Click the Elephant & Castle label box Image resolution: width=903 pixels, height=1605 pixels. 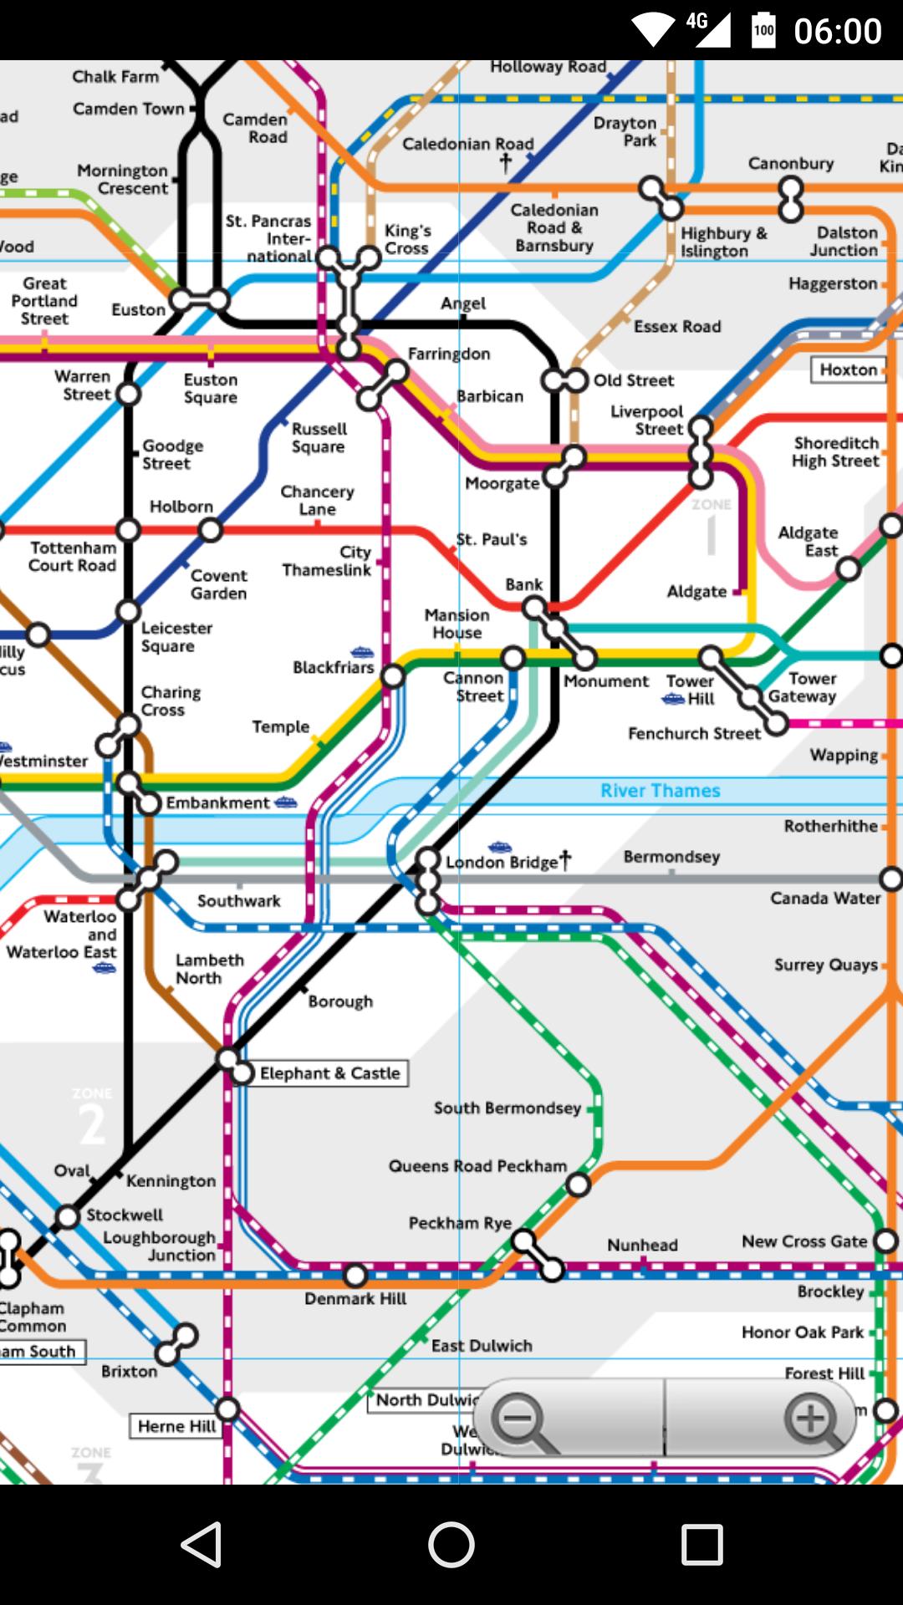[x=330, y=1073]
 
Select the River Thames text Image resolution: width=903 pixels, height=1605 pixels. [x=660, y=791]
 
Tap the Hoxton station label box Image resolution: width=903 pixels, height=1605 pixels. [x=848, y=369]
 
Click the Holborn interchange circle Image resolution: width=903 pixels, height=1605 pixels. [x=210, y=530]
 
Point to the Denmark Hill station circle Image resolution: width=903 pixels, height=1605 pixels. [x=355, y=1276]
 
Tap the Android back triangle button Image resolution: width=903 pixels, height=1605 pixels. [x=202, y=1544]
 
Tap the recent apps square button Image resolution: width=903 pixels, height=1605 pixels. [x=701, y=1544]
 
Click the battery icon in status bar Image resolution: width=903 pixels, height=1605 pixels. [x=763, y=30]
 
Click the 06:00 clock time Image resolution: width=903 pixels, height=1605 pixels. [x=838, y=31]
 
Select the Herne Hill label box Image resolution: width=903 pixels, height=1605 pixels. [x=176, y=1426]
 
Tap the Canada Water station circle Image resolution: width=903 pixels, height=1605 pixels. [x=891, y=879]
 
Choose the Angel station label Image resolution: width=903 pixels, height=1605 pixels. [x=463, y=303]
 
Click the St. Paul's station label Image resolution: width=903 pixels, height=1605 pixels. [x=492, y=540]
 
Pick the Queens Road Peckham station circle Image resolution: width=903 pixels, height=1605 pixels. [x=578, y=1185]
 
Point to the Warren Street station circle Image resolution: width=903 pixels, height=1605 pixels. [x=128, y=393]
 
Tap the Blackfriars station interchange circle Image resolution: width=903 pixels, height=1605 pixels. [x=393, y=676]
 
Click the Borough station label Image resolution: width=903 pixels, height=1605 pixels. [x=340, y=1001]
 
